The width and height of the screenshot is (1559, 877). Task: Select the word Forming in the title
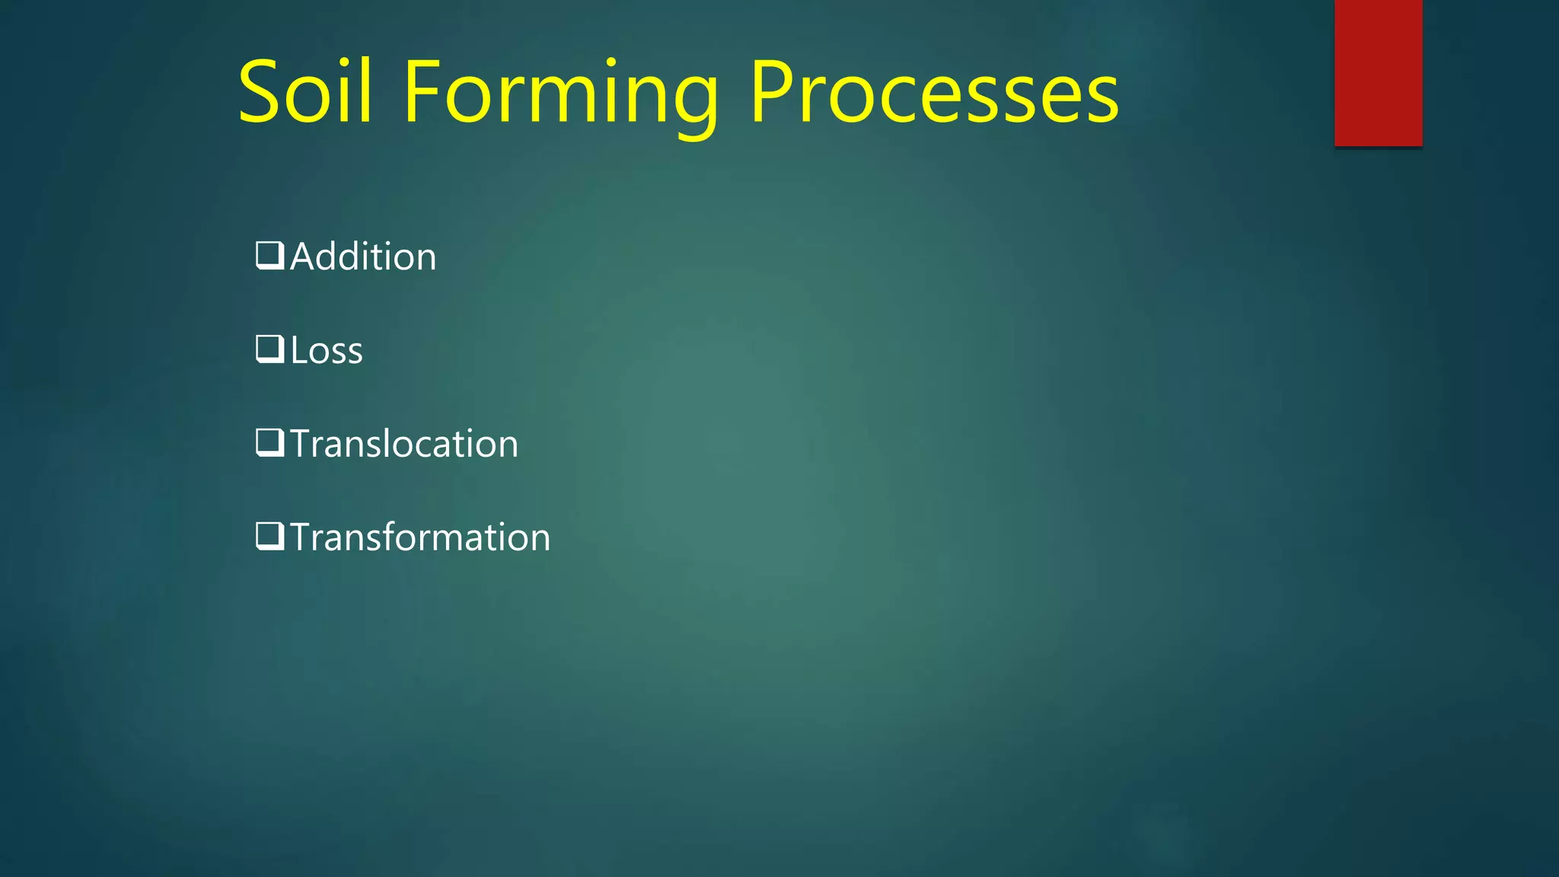(560, 93)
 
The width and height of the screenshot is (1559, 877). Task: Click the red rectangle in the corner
(1378, 72)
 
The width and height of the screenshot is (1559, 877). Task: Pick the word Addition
(363, 257)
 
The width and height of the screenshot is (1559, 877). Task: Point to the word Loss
(327, 350)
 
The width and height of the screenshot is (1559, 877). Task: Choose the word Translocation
(404, 444)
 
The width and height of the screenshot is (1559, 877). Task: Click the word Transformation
(420, 537)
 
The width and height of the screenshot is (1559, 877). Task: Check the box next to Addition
(269, 256)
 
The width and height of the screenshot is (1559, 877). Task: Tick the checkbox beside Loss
(269, 349)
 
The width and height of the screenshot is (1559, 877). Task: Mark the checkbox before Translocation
(269, 443)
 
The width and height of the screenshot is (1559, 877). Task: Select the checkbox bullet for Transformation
(269, 537)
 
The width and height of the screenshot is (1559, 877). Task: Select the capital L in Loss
(298, 350)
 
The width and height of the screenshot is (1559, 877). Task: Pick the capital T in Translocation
(303, 444)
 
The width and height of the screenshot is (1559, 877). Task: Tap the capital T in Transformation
(303, 537)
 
